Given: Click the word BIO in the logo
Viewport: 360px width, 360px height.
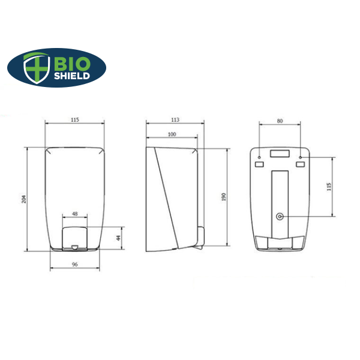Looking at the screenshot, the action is (72, 64).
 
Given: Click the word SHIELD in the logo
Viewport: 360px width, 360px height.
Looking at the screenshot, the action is (72, 76).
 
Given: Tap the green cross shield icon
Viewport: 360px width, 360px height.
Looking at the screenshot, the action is (37, 68).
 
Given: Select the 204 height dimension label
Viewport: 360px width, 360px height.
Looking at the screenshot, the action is (24, 199).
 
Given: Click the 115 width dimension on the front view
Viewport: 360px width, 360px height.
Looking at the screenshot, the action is (75, 119).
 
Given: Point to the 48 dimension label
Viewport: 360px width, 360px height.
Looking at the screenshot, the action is (75, 214).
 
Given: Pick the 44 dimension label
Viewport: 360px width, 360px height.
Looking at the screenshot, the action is (118, 238).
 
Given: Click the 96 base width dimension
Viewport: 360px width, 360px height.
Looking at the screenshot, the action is (75, 264).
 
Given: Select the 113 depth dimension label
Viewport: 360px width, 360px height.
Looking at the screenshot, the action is (175, 119).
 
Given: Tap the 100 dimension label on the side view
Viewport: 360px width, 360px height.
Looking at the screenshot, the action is (172, 134).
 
